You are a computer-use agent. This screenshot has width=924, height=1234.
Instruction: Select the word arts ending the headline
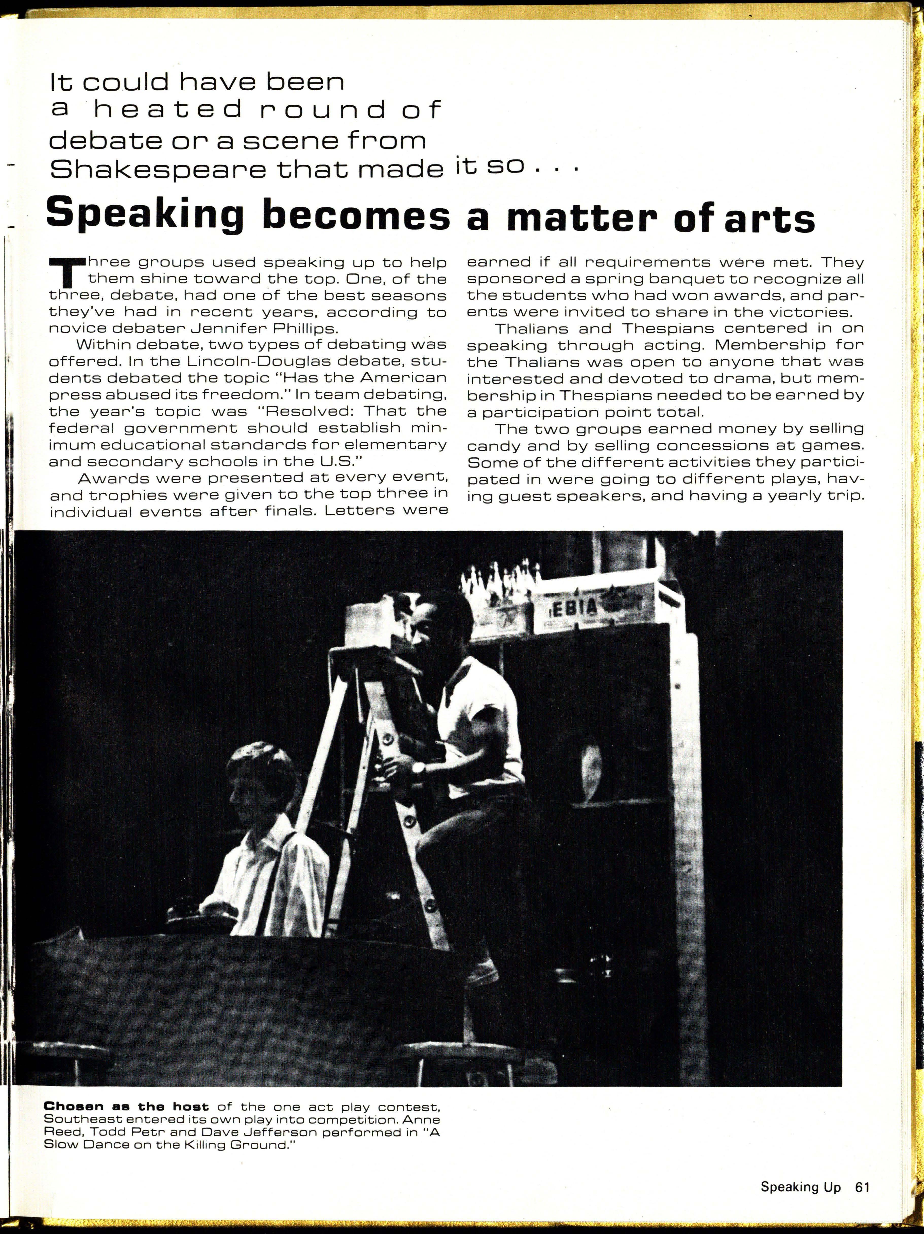[x=769, y=218]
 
